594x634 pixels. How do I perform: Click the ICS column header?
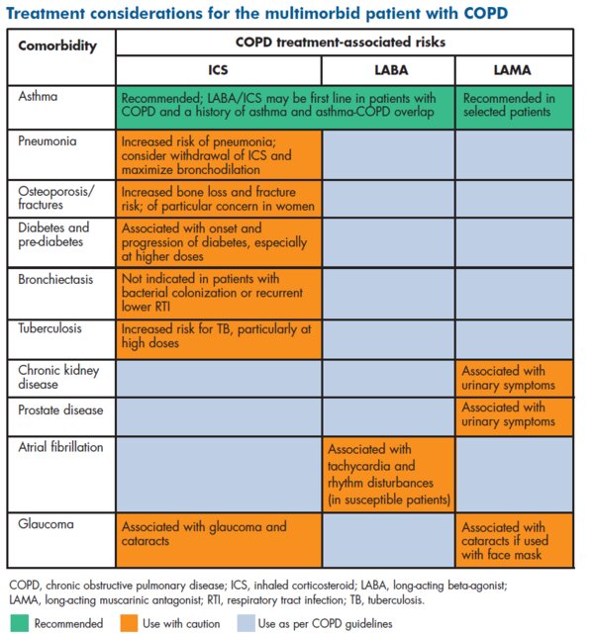[x=218, y=70]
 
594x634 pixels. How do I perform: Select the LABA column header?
[x=391, y=70]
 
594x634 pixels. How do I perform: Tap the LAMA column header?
[x=512, y=70]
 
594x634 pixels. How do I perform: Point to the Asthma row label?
[x=38, y=96]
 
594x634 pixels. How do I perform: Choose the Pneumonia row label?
[x=48, y=140]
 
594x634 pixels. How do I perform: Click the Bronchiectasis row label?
[x=55, y=279]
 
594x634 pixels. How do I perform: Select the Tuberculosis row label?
[x=49, y=328]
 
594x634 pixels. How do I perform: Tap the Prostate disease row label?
[x=60, y=410]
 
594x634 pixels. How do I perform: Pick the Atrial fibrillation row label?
[x=60, y=447]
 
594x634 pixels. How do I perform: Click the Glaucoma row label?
[x=46, y=524]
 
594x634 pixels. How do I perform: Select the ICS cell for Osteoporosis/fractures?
[x=219, y=199]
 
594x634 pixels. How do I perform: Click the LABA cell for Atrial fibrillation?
[x=388, y=475]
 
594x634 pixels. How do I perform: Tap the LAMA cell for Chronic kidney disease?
[x=514, y=379]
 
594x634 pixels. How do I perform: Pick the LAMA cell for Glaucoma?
[x=514, y=541]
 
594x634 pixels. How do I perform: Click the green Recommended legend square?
[x=19, y=623]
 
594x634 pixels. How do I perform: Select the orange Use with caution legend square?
[x=129, y=623]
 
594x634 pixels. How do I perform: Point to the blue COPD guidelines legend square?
[x=246, y=623]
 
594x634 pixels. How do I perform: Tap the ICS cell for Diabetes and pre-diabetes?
[x=219, y=242]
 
